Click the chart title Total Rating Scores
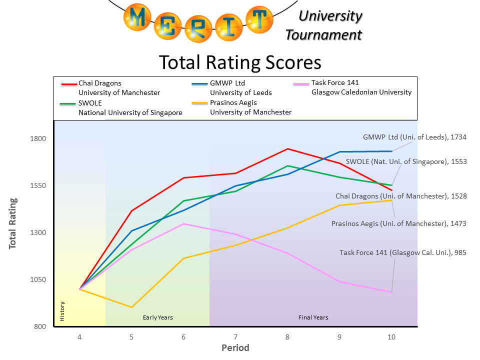point(240,63)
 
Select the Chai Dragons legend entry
point(100,83)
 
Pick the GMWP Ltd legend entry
point(227,83)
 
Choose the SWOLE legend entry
point(90,103)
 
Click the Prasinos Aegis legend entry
point(233,102)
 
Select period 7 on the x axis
point(235,337)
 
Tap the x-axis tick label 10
point(391,337)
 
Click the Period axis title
point(235,348)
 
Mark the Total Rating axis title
point(12,223)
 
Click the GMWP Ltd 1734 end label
point(414,137)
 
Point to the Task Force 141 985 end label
point(403,252)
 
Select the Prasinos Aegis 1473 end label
point(399,223)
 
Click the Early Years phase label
point(158,317)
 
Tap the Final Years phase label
point(313,317)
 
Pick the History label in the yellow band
point(62,311)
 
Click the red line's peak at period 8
point(287,148)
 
